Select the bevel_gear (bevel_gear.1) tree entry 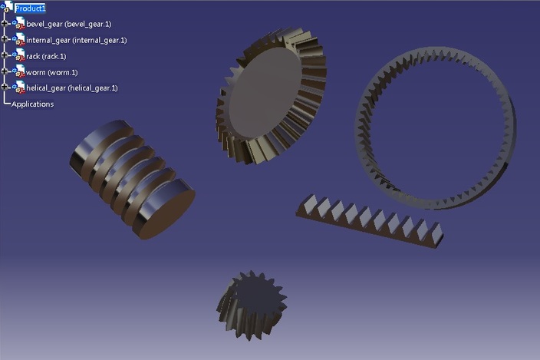click(x=68, y=24)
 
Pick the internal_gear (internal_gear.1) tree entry click(x=76, y=40)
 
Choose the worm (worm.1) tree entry click(x=58, y=72)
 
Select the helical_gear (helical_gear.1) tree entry click(x=71, y=88)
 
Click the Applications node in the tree click(x=32, y=104)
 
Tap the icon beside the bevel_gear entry click(x=19, y=24)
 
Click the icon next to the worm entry click(x=19, y=72)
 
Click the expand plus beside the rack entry click(x=5, y=56)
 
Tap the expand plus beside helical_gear click(x=5, y=88)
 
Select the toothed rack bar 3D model click(x=368, y=218)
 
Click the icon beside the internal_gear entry click(x=19, y=40)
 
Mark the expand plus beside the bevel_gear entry click(x=5, y=24)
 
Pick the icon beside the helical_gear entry click(x=19, y=88)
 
